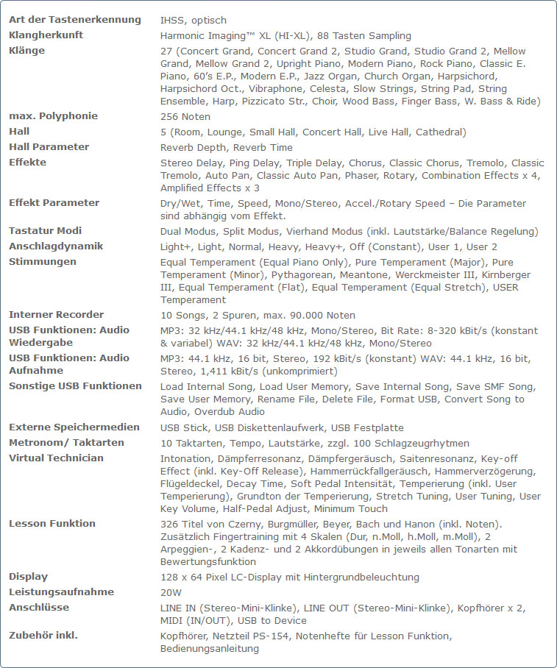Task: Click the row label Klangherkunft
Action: click(46, 35)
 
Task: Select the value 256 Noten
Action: click(185, 117)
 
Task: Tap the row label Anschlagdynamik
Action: click(56, 246)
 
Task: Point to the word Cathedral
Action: click(440, 132)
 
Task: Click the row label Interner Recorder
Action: click(56, 315)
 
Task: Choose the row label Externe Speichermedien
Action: click(74, 427)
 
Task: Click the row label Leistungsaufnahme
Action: click(61, 592)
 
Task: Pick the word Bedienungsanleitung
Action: click(210, 649)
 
